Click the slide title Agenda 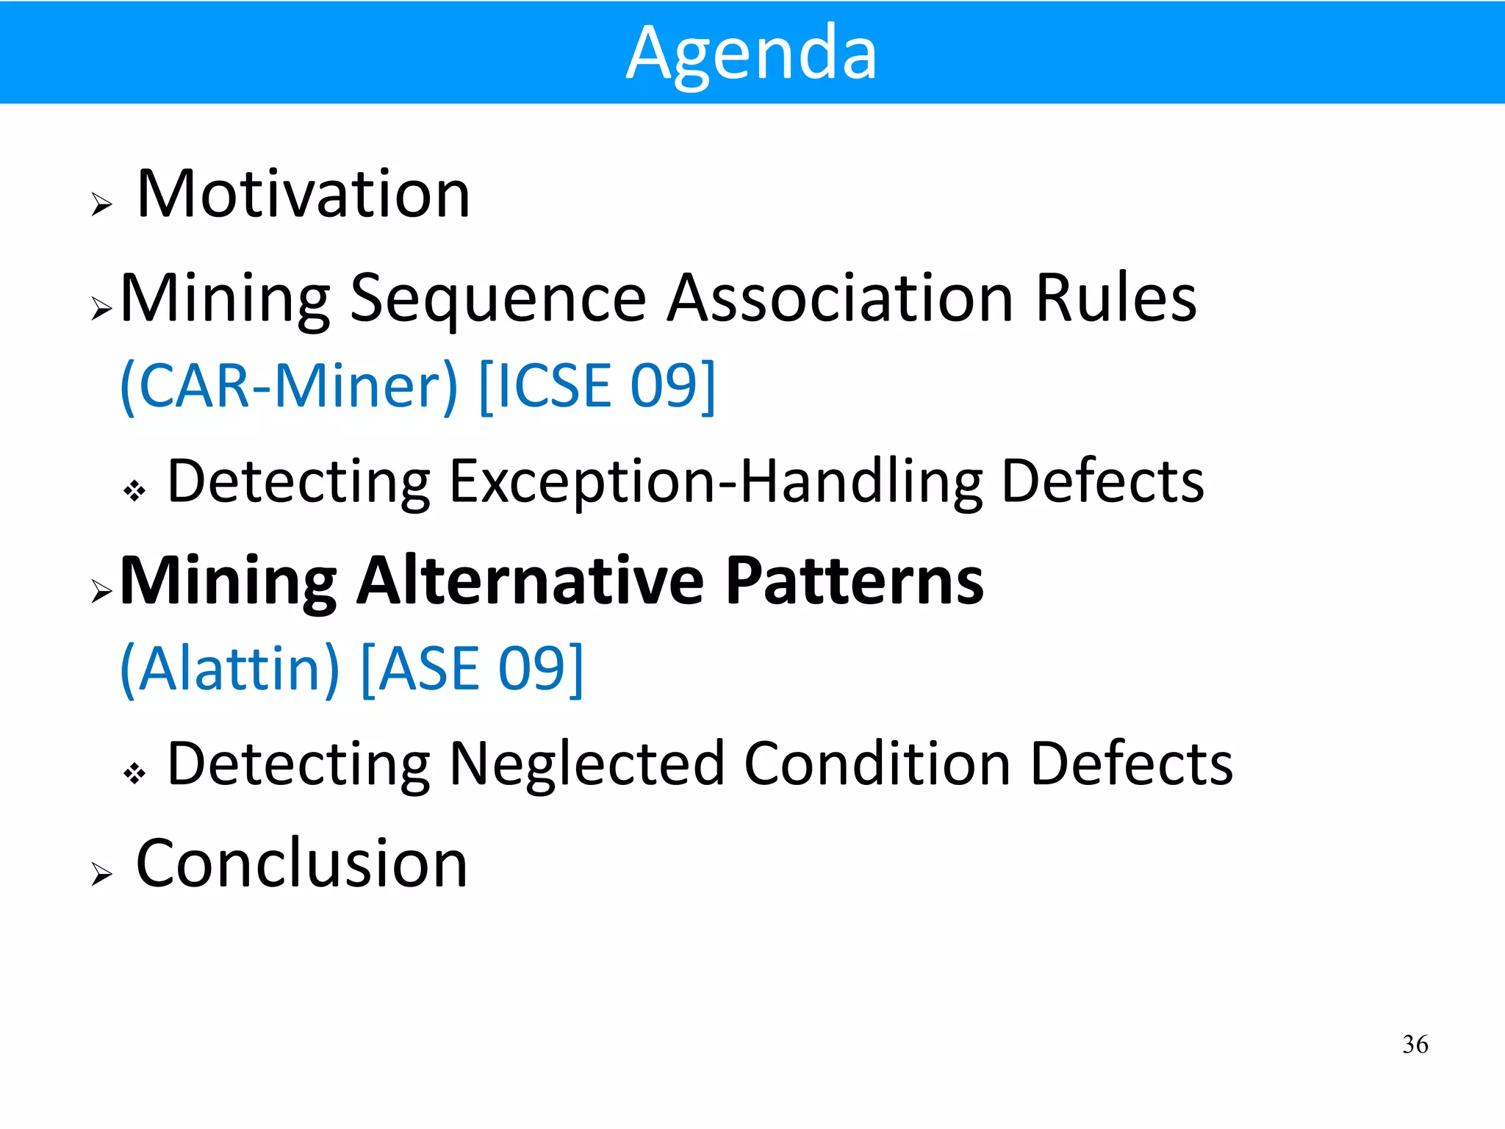click(752, 53)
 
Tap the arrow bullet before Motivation click(101, 204)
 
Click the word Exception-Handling click(716, 481)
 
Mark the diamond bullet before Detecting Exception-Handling click(134, 490)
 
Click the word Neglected click(586, 764)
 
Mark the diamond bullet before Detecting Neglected click(134, 773)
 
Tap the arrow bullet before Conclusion click(101, 874)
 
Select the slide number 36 click(1415, 1044)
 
